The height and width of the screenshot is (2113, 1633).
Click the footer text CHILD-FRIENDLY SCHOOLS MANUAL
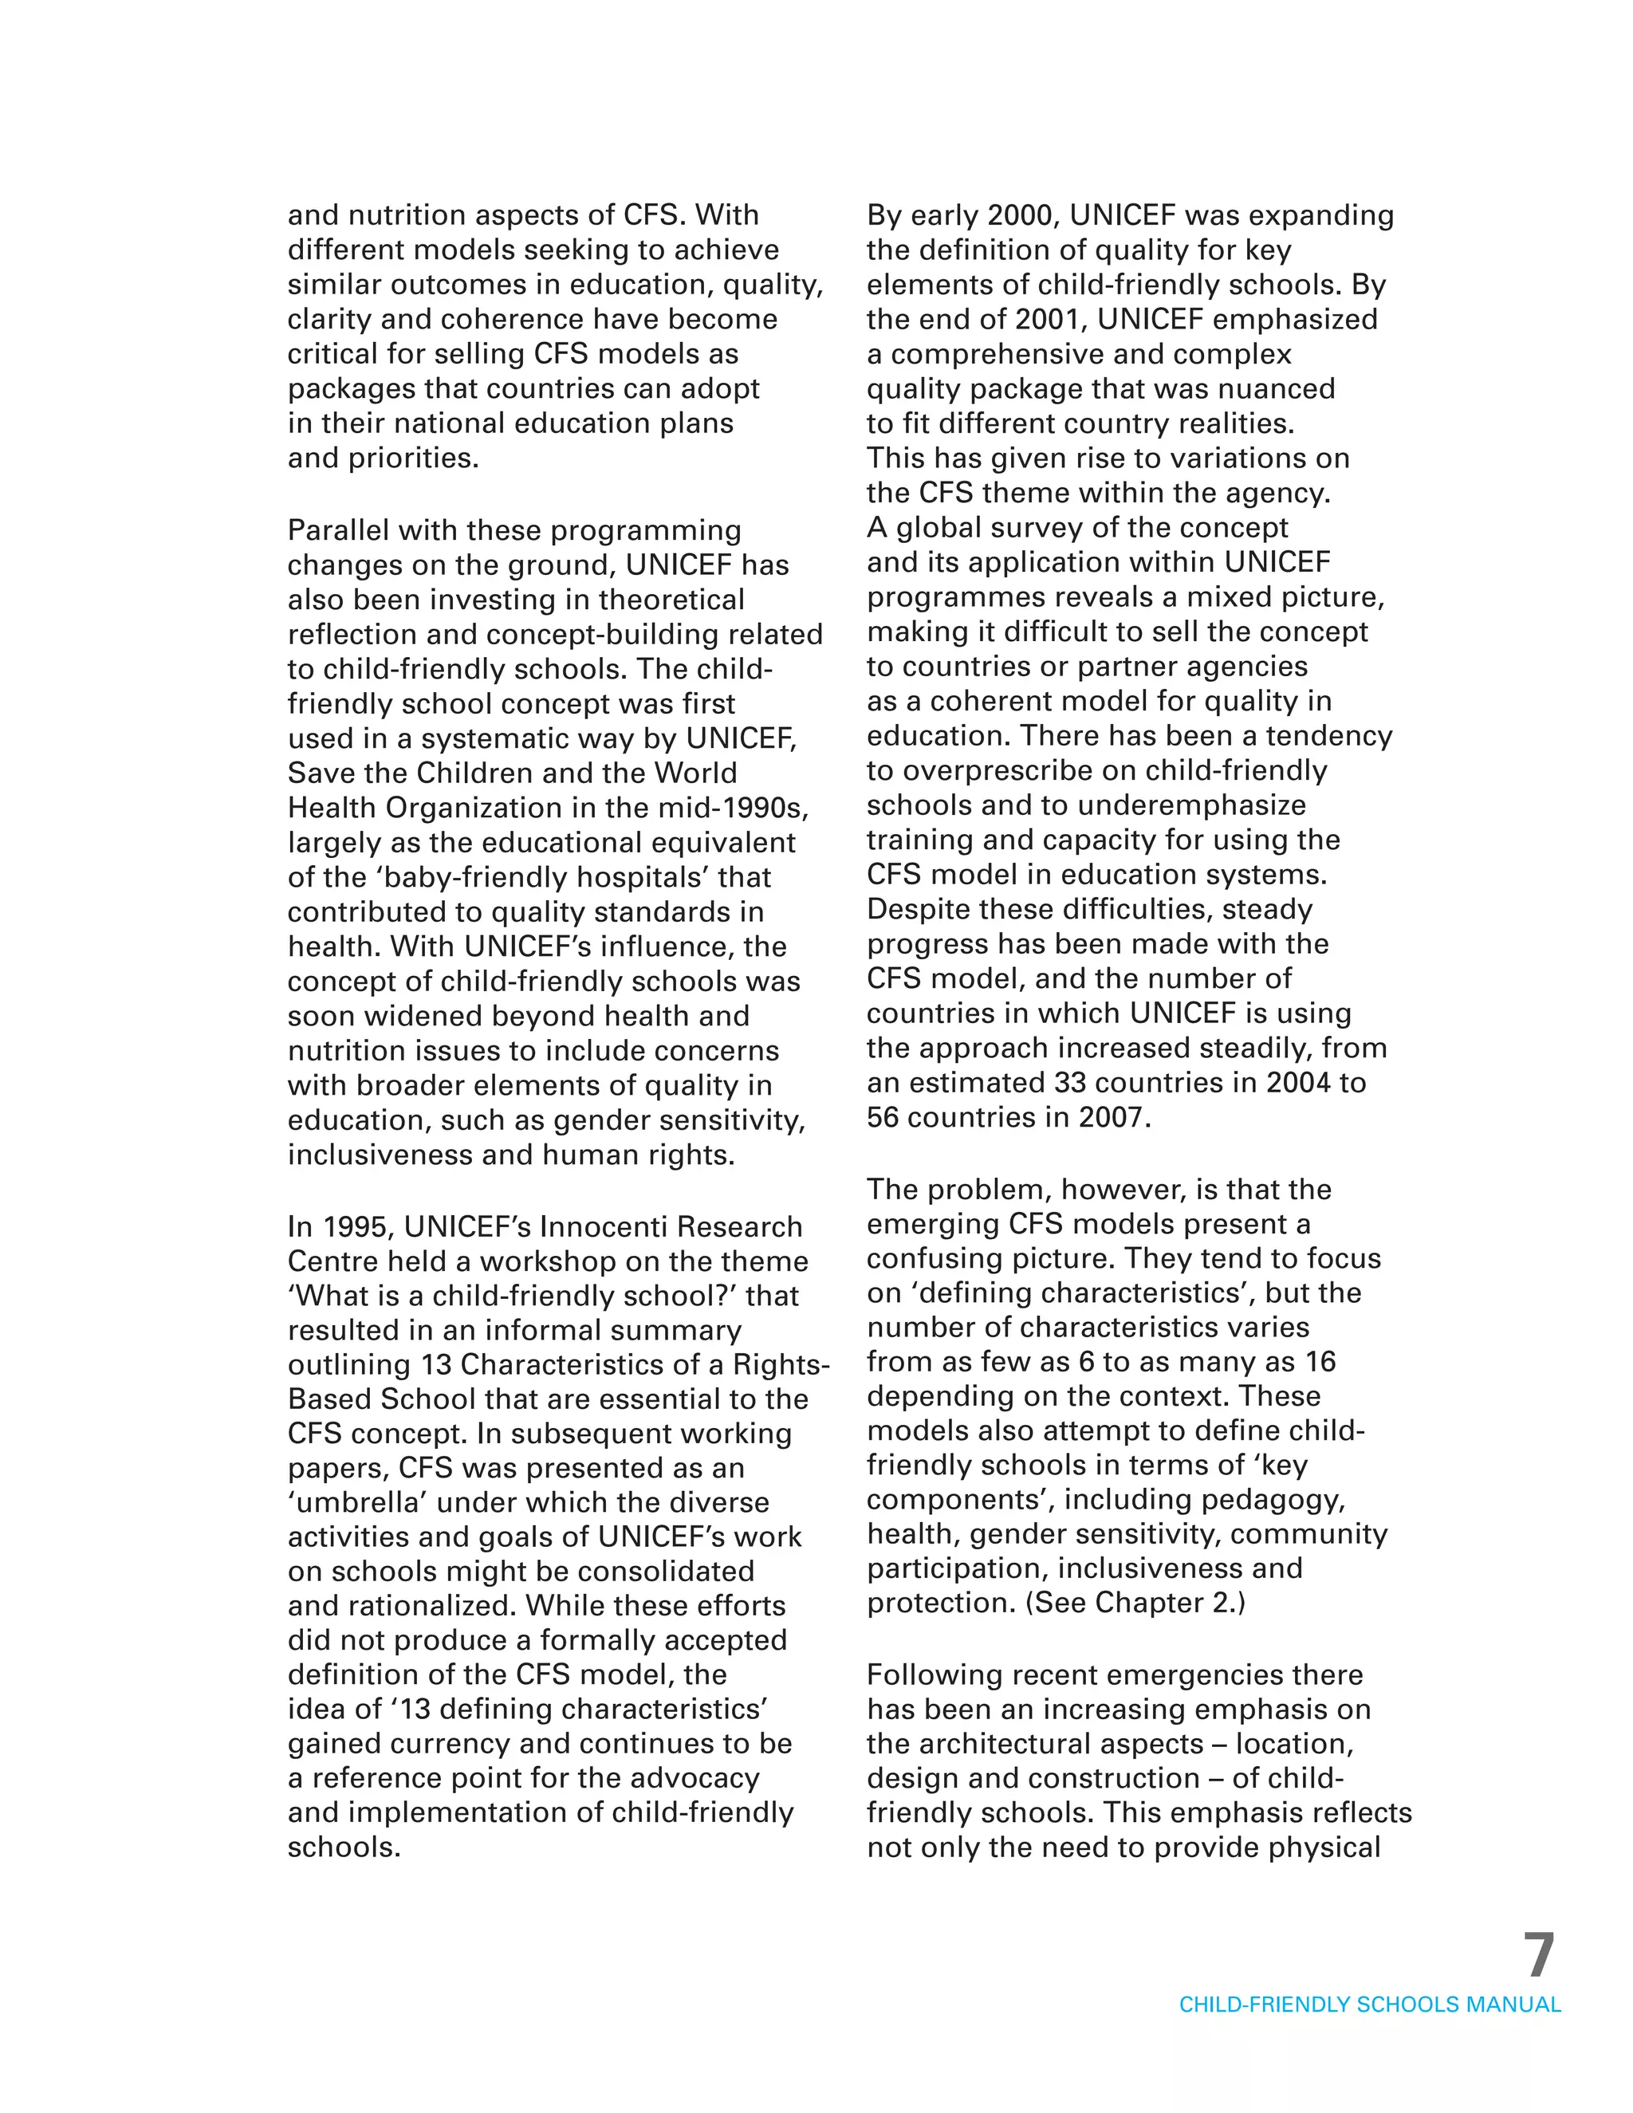pos(1369,2005)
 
